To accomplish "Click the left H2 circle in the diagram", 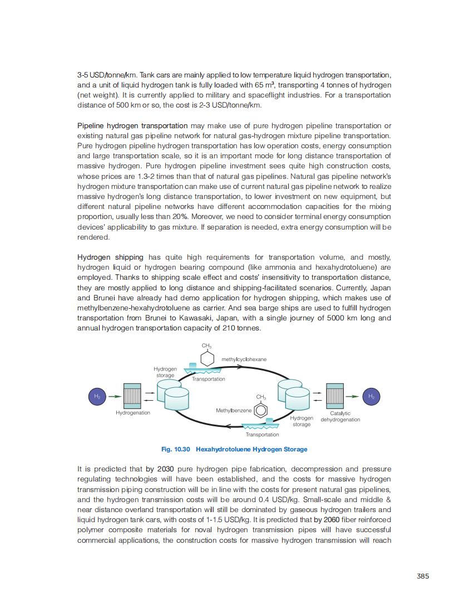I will click(97, 396).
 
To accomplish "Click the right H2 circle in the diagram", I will click(371, 396).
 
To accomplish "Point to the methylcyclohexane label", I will click(244, 359).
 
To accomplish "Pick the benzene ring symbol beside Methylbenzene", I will click(261, 411).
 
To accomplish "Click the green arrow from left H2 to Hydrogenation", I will click(115, 396).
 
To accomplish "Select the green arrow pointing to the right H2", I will click(353, 396).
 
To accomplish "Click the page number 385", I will click(422, 576).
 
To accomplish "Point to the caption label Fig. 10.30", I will click(176, 449).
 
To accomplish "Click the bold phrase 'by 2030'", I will click(160, 469).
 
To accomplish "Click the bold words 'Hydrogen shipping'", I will click(110, 257).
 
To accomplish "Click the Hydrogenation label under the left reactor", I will click(132, 413).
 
